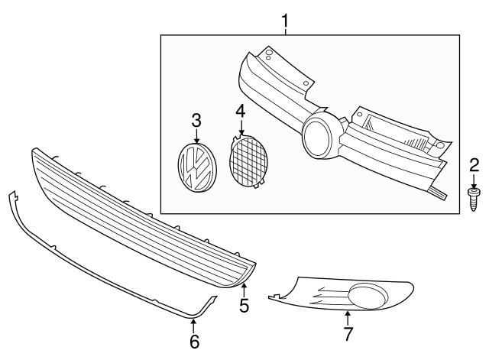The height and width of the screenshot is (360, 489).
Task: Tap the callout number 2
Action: click(474, 164)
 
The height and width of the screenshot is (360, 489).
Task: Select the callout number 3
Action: click(196, 120)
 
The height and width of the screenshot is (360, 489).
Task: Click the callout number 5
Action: click(244, 306)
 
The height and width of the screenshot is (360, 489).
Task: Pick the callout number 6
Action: click(193, 342)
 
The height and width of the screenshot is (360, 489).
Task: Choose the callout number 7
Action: click(348, 334)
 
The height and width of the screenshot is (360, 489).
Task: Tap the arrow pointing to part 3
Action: click(196, 136)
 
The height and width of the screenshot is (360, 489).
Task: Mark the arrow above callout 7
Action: click(348, 316)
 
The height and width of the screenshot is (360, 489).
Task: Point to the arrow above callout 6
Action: click(193, 326)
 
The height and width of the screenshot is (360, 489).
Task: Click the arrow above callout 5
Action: click(244, 289)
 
